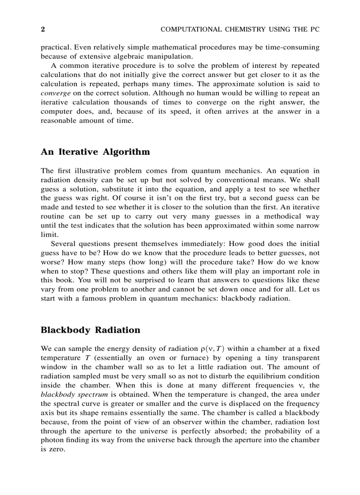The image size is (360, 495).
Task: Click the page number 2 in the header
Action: click(43, 30)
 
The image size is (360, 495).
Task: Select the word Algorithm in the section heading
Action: click(127, 152)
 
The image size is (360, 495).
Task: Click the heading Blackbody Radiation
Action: click(90, 330)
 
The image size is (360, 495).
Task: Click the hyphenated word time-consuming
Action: click(291, 47)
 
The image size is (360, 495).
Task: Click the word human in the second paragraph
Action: click(217, 93)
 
